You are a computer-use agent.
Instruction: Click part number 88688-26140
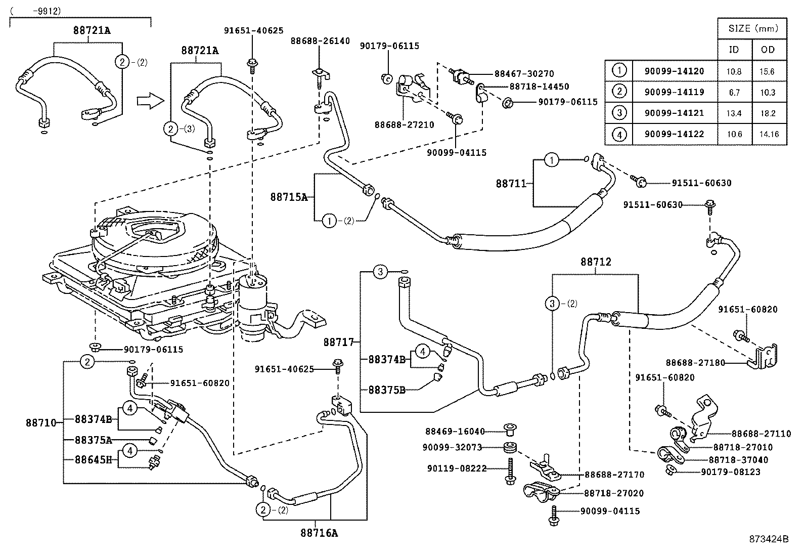[320, 40]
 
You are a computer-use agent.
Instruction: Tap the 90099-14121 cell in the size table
[674, 113]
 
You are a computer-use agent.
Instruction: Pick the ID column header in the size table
[733, 50]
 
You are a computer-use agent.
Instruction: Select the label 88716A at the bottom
[319, 532]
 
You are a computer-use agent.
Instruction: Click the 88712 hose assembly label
[596, 262]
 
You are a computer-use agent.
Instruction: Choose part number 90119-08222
[456, 469]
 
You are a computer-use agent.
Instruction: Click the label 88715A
[288, 197]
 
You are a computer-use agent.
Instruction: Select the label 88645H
[93, 460]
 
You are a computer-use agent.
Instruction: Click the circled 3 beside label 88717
[381, 272]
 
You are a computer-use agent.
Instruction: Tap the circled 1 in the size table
[618, 71]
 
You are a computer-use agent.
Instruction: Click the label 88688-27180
[695, 363]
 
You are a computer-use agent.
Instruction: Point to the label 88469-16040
[455, 432]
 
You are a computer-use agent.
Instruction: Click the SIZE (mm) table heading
[752, 29]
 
